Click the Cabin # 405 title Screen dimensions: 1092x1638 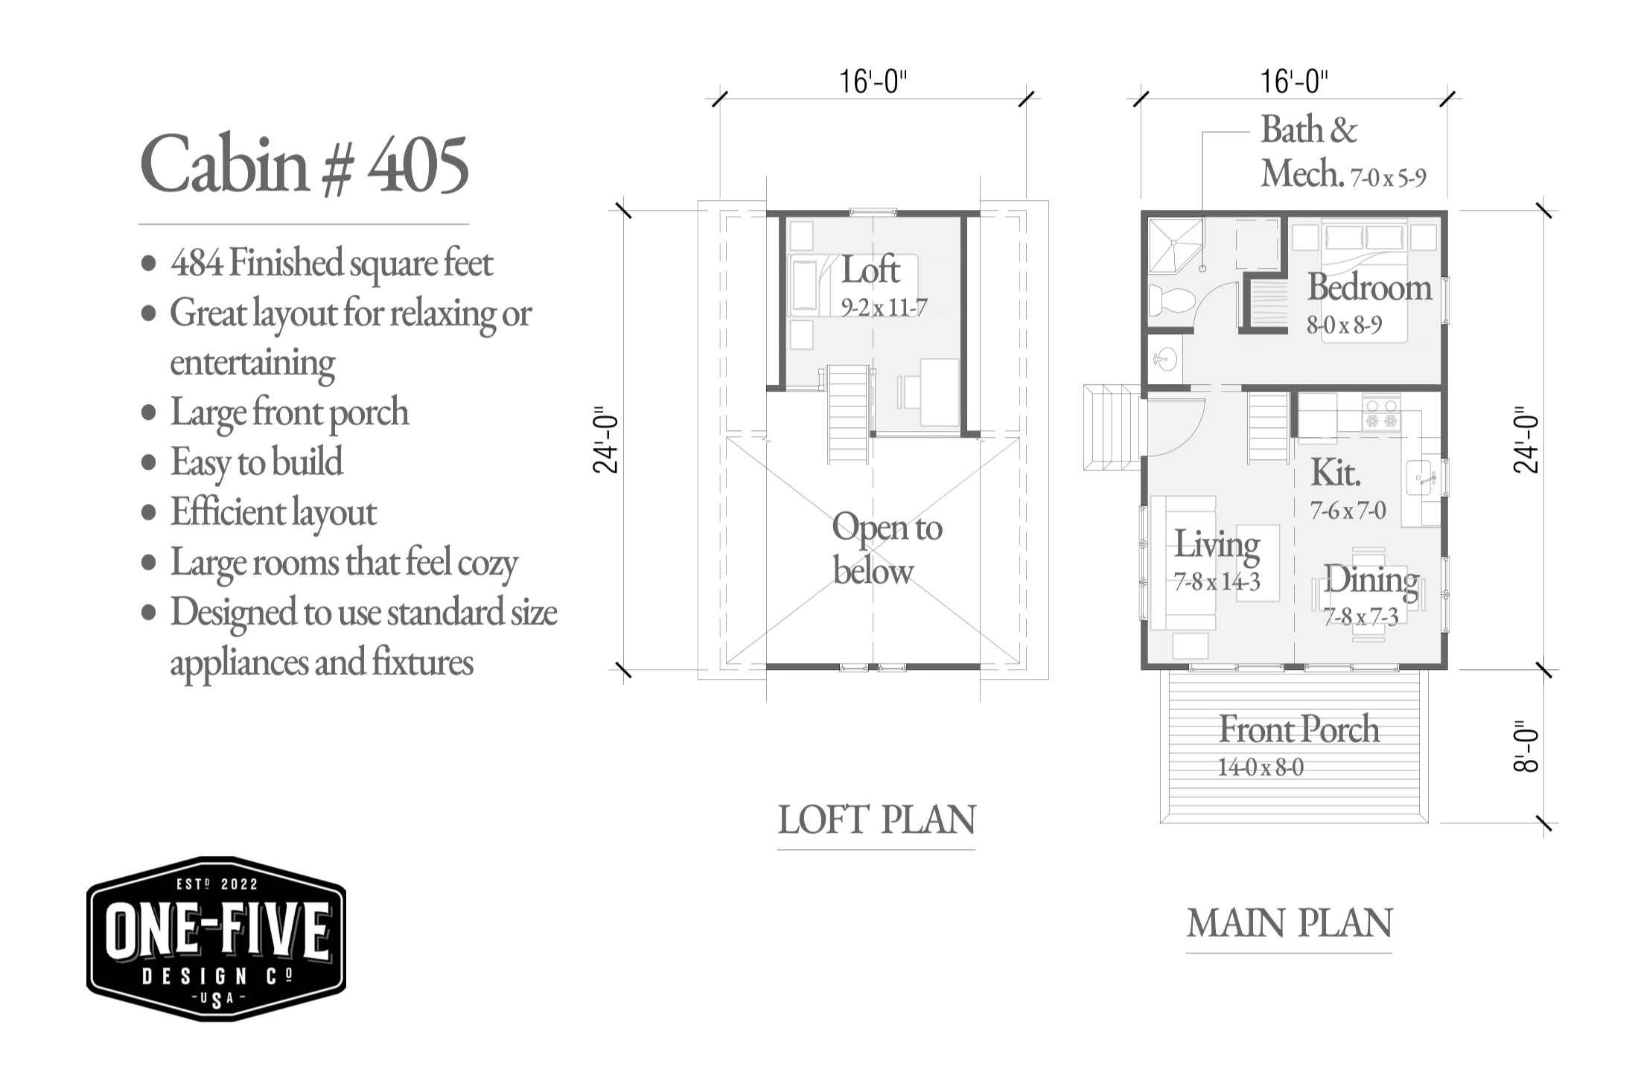(304, 165)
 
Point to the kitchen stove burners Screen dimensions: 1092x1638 (1381, 414)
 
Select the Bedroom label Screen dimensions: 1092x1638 (1368, 288)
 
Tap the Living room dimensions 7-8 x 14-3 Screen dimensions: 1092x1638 (1217, 582)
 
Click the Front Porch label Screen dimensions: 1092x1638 (1298, 729)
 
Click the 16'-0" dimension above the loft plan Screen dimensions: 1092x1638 (873, 81)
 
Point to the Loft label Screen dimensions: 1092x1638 (870, 270)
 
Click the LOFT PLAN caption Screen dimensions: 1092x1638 (876, 820)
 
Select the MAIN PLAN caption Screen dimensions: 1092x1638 (1289, 924)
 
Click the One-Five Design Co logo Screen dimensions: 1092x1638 (216, 939)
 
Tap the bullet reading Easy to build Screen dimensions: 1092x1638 (256, 462)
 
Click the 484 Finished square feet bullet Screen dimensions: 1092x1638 (331, 263)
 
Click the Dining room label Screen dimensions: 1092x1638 (1370, 581)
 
